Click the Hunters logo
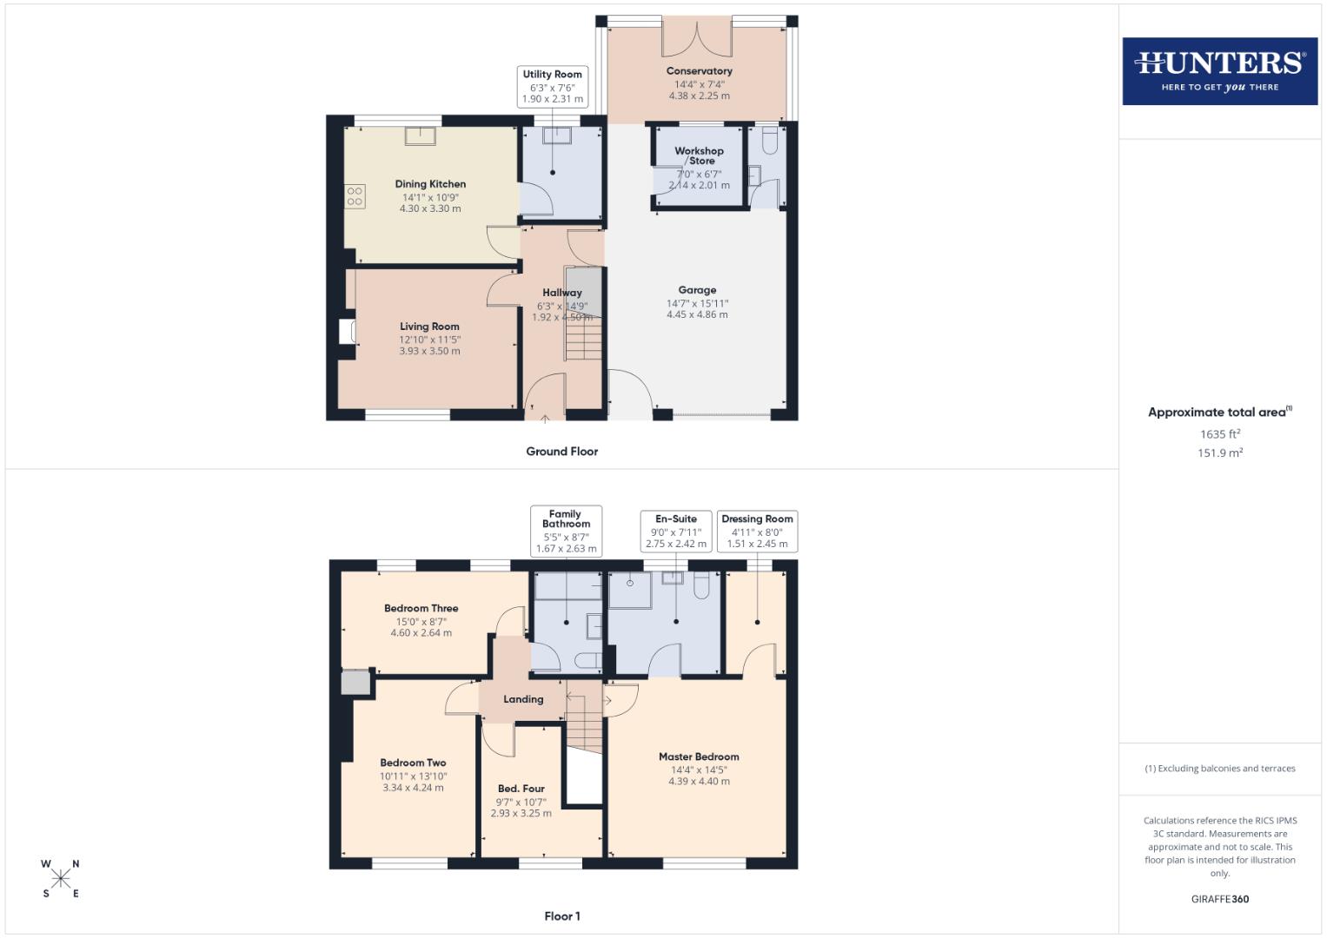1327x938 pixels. pyautogui.click(x=1219, y=71)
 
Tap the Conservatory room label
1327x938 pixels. pyautogui.click(x=699, y=71)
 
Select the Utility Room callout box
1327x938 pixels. pyautogui.click(x=552, y=87)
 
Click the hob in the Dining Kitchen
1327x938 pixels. pyautogui.click(x=355, y=196)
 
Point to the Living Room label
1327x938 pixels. pyautogui.click(x=429, y=327)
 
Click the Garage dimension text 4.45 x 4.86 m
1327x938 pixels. pyautogui.click(x=697, y=314)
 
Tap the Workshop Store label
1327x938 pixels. pyautogui.click(x=699, y=155)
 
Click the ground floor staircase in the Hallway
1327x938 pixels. pyautogui.click(x=582, y=339)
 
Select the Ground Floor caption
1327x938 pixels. pyautogui.click(x=561, y=452)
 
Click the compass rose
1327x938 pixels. pyautogui.click(x=61, y=879)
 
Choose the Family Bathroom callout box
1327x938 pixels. pyautogui.click(x=566, y=531)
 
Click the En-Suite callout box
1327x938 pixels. pyautogui.click(x=675, y=531)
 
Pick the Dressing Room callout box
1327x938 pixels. pyautogui.click(x=757, y=531)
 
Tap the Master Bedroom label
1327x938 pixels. pyautogui.click(x=699, y=756)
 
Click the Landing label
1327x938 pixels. pyautogui.click(x=523, y=699)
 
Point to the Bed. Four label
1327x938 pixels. pyautogui.click(x=521, y=789)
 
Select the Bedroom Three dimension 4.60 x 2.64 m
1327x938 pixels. pyautogui.click(x=421, y=633)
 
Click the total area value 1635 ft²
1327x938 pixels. pyautogui.click(x=1219, y=434)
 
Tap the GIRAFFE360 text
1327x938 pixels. pyautogui.click(x=1219, y=899)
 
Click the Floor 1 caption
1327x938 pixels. pyautogui.click(x=561, y=916)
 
